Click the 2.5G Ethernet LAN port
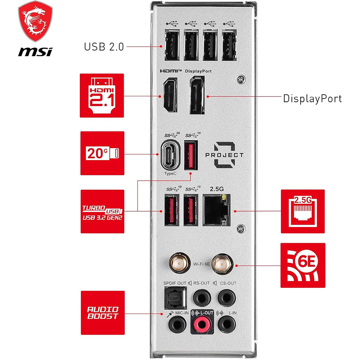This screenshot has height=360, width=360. [216, 210]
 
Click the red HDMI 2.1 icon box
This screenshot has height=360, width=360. [102, 95]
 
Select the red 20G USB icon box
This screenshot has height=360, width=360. [102, 153]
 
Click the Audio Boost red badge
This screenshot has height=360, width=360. [103, 312]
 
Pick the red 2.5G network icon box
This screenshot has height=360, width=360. [303, 211]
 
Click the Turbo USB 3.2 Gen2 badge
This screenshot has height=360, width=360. [103, 211]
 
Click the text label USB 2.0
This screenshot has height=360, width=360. [104, 47]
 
